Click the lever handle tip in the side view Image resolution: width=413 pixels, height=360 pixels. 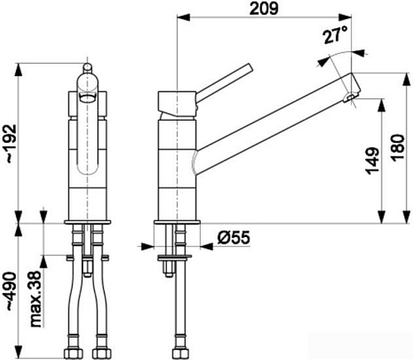coord(247,66)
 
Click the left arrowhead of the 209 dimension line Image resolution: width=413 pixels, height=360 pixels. coord(180,17)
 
